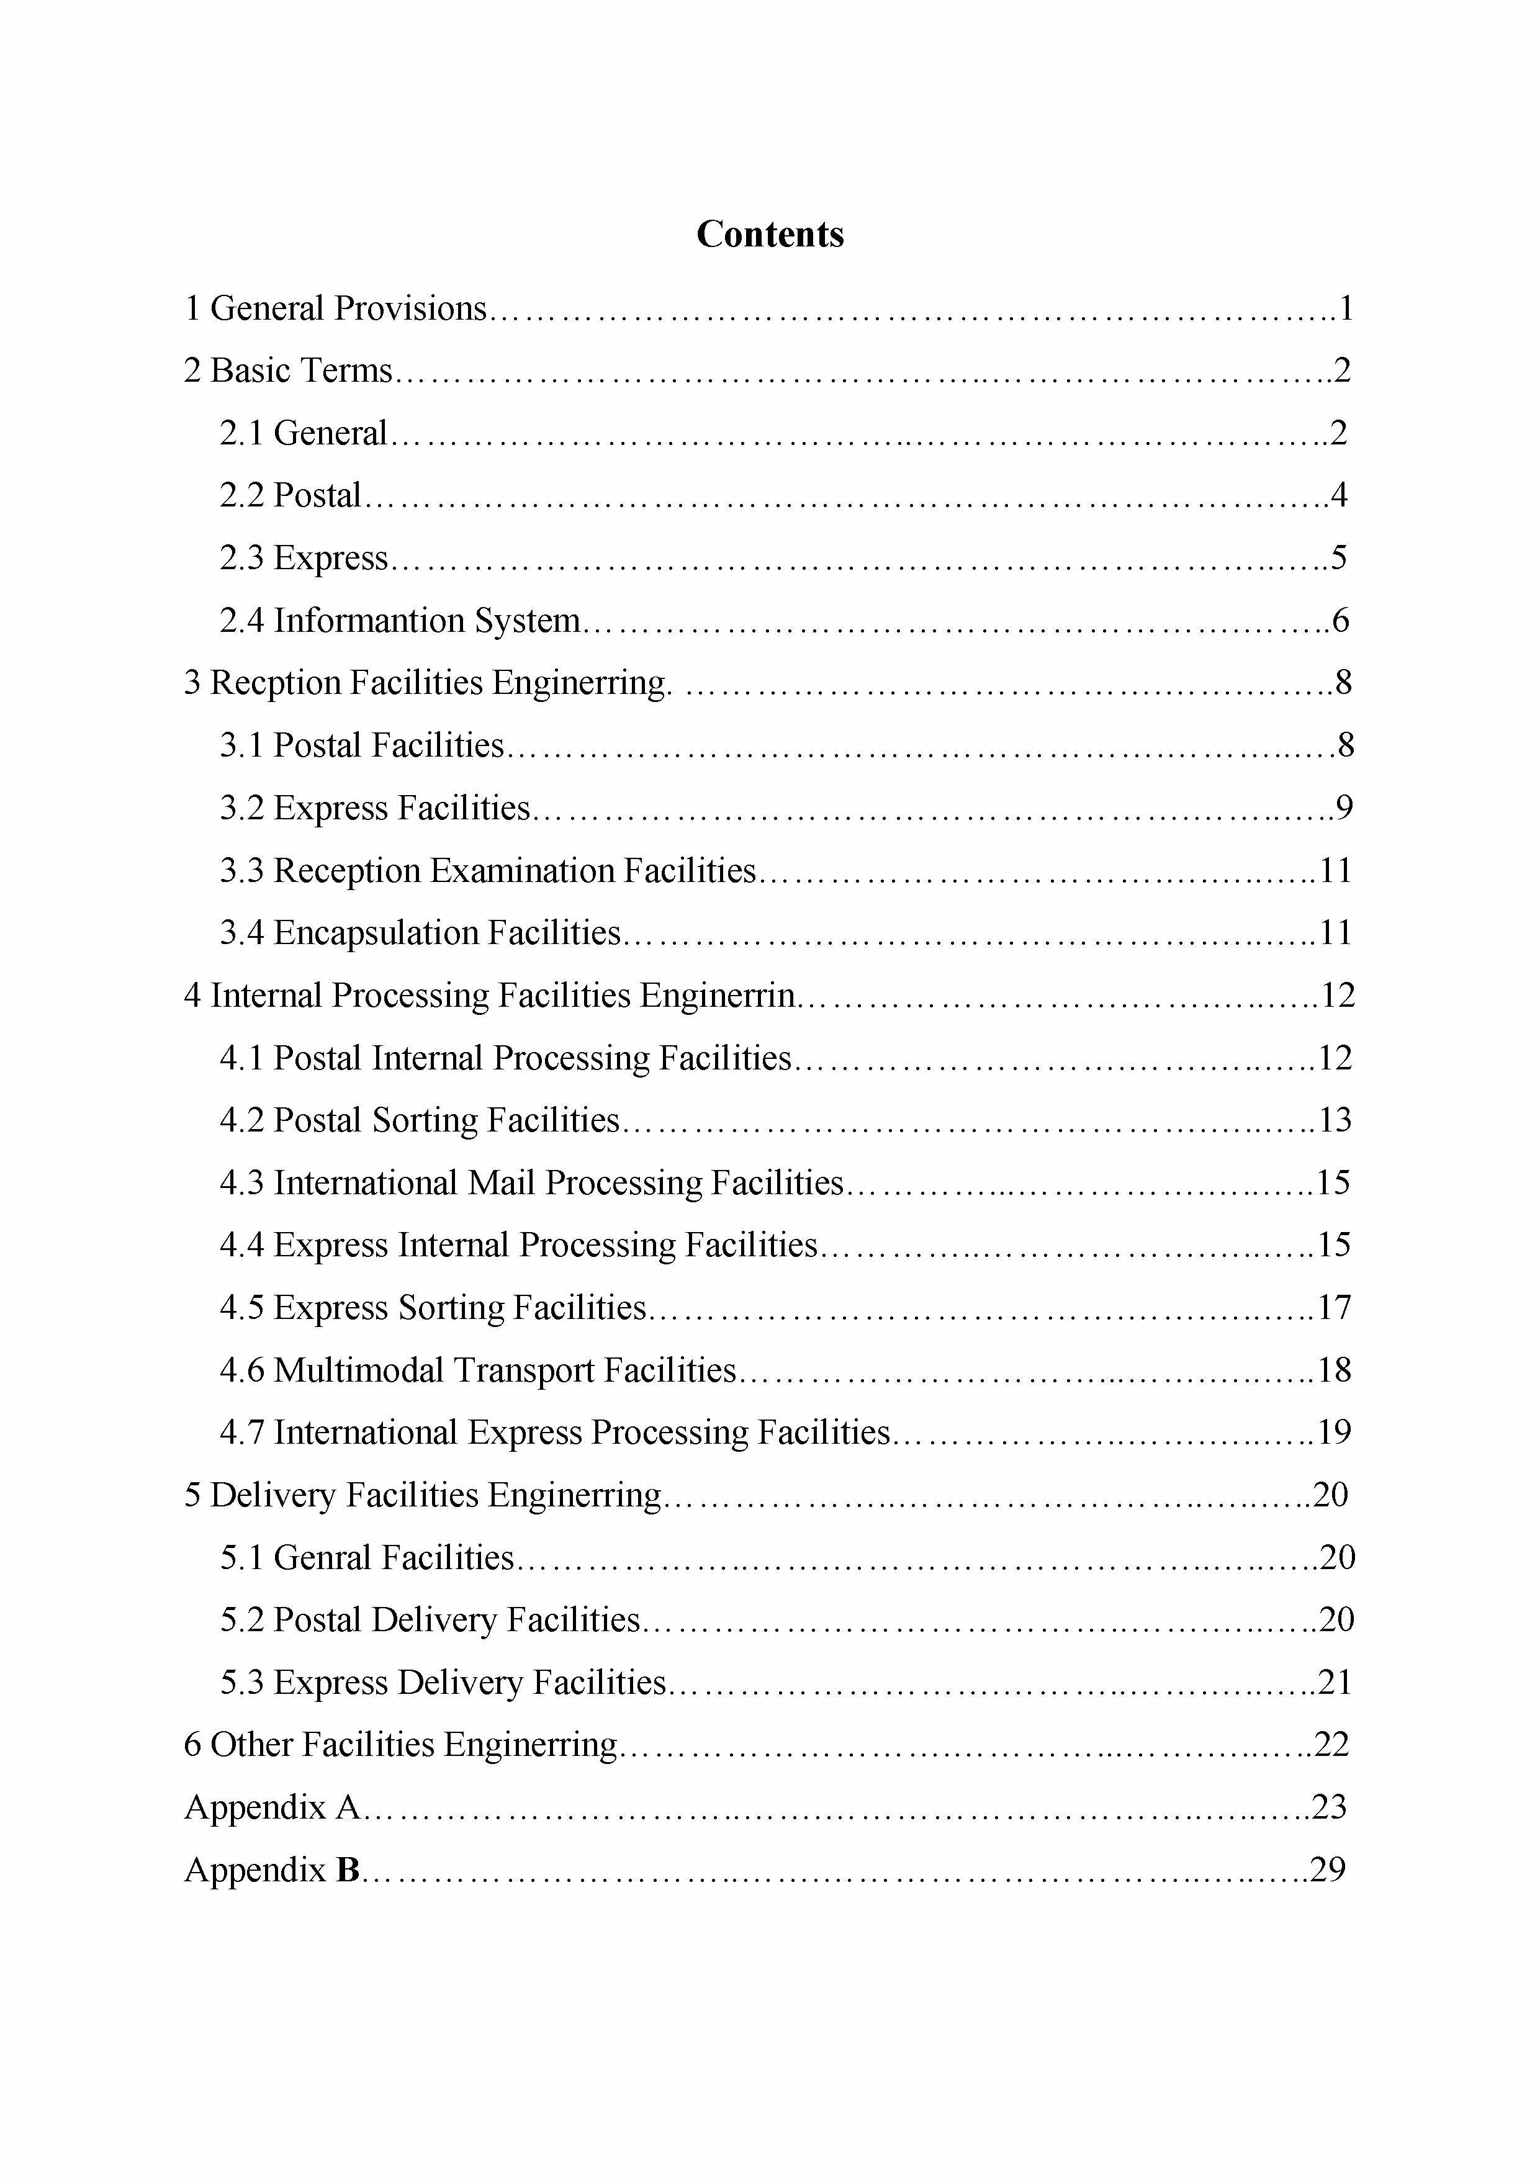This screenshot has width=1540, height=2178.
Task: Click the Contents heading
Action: (770, 234)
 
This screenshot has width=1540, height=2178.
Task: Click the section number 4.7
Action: (242, 1433)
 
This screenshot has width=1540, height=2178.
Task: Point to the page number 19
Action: (1334, 1433)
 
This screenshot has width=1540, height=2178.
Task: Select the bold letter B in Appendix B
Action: (348, 1870)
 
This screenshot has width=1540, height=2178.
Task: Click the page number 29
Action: (1328, 1870)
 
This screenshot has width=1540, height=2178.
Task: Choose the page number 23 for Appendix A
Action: (1328, 1807)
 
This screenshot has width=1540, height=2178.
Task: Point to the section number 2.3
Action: (242, 558)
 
